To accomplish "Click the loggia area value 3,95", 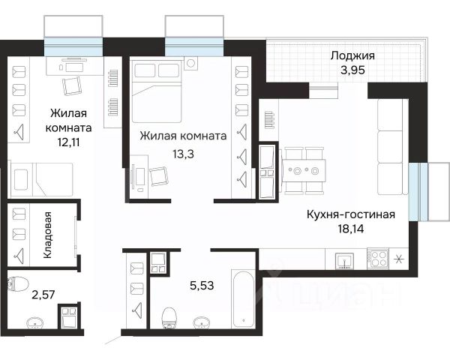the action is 352,70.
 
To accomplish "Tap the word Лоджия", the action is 352,55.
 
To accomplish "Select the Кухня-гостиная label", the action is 351,214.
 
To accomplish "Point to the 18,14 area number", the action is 351,229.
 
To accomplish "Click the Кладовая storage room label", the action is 48,235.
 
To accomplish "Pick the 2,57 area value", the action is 43,295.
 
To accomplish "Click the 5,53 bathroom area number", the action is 202,286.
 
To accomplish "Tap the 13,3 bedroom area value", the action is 183,154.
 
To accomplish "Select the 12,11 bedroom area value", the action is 68,142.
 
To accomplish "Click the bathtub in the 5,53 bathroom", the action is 243,298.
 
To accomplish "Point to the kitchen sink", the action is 345,262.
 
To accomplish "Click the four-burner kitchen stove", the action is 378,258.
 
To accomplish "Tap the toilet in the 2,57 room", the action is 18,283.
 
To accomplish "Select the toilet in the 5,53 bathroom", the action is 169,318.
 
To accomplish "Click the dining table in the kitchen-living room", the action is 304,171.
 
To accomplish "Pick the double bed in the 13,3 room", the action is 157,91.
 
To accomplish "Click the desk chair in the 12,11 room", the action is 71,85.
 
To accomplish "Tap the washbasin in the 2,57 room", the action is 35,322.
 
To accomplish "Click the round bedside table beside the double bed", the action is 190,63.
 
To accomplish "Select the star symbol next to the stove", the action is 398,259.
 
